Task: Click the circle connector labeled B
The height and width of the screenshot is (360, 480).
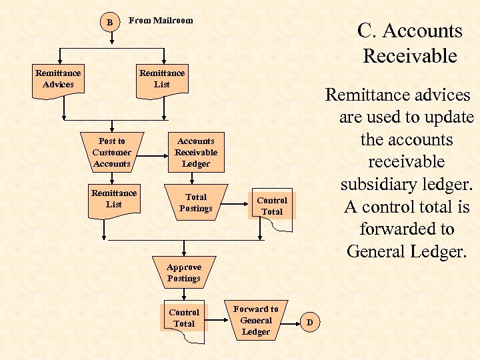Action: tap(110, 22)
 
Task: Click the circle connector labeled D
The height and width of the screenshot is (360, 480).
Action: tap(309, 323)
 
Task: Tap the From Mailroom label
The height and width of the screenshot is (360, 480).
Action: tap(161, 21)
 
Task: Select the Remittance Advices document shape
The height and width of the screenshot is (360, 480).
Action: tap(58, 79)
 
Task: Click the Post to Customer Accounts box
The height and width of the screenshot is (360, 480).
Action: tap(112, 153)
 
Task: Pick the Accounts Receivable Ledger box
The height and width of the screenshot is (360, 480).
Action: tap(196, 153)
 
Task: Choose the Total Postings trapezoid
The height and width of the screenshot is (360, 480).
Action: tap(196, 203)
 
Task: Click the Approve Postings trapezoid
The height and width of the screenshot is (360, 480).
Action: tap(184, 273)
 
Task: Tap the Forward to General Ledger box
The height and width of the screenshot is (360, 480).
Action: tap(256, 320)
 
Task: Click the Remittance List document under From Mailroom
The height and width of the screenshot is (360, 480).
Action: tap(162, 79)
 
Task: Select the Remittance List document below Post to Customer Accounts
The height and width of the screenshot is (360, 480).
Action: tap(114, 199)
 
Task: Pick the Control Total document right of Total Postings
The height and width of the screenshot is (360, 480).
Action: tap(272, 207)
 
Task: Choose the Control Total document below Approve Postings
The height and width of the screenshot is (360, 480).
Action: tap(184, 319)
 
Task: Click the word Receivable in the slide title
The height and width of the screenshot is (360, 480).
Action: tap(410, 56)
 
